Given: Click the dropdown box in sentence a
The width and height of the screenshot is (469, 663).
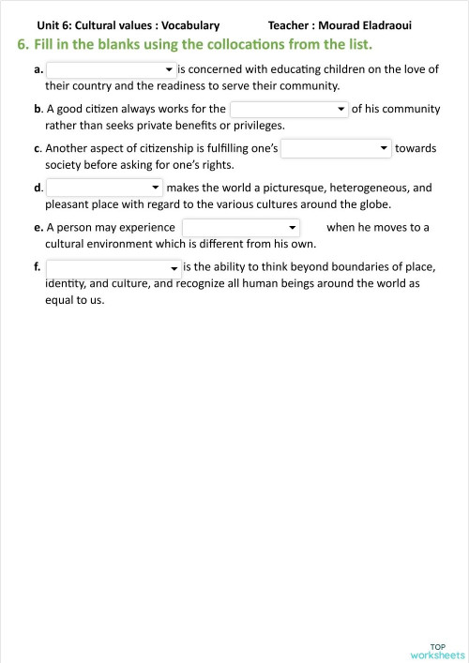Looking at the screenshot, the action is tap(111, 69).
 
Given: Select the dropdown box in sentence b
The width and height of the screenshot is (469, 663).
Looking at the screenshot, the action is tap(289, 109).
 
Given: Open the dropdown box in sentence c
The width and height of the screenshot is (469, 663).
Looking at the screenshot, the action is tap(336, 148).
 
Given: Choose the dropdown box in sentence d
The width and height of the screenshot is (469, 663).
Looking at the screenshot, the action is tap(104, 188).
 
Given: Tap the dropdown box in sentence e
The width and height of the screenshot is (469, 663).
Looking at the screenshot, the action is tap(241, 227).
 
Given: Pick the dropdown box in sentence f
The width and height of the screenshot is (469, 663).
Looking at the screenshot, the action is tap(113, 267).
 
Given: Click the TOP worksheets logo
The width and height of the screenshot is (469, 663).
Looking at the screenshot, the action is tap(437, 650).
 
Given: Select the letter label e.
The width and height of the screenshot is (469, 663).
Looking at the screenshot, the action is tap(37, 228).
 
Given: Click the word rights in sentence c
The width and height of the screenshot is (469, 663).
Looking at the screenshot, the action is tap(217, 164).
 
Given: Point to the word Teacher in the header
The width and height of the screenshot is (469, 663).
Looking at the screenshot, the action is tap(290, 25).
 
